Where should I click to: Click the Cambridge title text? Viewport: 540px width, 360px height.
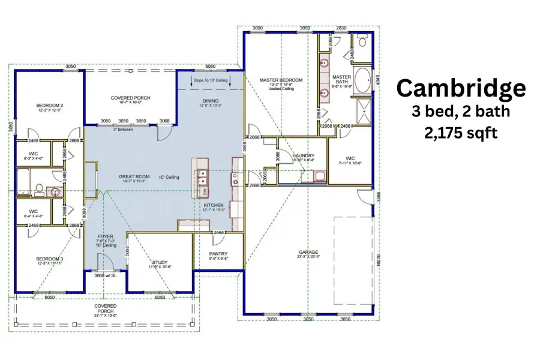click(461, 88)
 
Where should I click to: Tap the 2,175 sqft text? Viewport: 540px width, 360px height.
click(461, 133)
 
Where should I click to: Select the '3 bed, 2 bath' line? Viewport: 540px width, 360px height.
click(461, 112)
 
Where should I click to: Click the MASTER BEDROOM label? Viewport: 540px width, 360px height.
click(281, 80)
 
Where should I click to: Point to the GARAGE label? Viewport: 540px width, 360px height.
click(308, 252)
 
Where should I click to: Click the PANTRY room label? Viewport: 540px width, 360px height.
click(218, 254)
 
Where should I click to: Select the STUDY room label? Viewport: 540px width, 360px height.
click(160, 262)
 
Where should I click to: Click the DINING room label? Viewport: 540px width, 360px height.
click(210, 100)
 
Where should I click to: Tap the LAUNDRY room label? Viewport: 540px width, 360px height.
click(304, 155)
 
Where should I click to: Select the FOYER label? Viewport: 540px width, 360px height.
click(105, 236)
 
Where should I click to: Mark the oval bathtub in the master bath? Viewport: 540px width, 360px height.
click(362, 80)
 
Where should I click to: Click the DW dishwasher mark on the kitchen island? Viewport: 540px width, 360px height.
click(203, 191)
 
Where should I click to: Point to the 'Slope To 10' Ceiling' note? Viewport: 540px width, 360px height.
click(210, 79)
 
